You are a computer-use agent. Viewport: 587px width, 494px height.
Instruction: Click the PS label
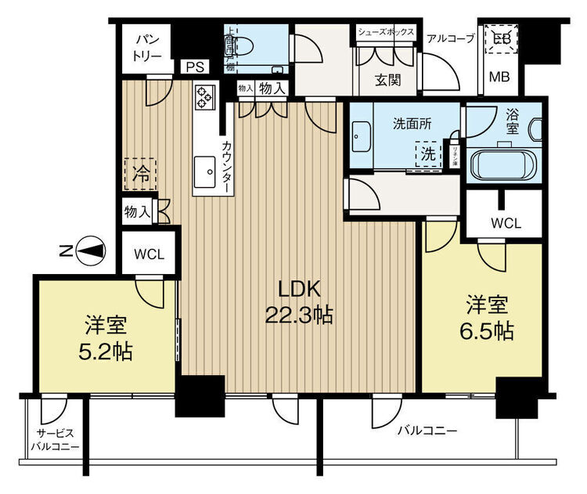pos(194,67)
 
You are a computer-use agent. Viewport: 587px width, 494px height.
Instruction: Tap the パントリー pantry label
pos(146,47)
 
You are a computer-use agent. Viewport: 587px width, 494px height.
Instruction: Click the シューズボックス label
pos(387,32)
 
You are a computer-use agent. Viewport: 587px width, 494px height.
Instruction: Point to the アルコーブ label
pos(450,37)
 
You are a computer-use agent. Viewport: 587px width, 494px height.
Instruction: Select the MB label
pos(499,76)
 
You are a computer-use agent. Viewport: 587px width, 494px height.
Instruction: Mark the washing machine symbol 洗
pos(428,154)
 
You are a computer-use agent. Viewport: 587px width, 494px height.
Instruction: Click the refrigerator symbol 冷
pos(140,172)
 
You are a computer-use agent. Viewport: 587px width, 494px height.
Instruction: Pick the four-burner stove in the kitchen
pos(205,96)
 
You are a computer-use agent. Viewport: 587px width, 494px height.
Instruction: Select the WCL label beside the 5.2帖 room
pos(149,254)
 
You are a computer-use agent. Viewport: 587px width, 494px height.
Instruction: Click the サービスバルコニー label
pos(54,440)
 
